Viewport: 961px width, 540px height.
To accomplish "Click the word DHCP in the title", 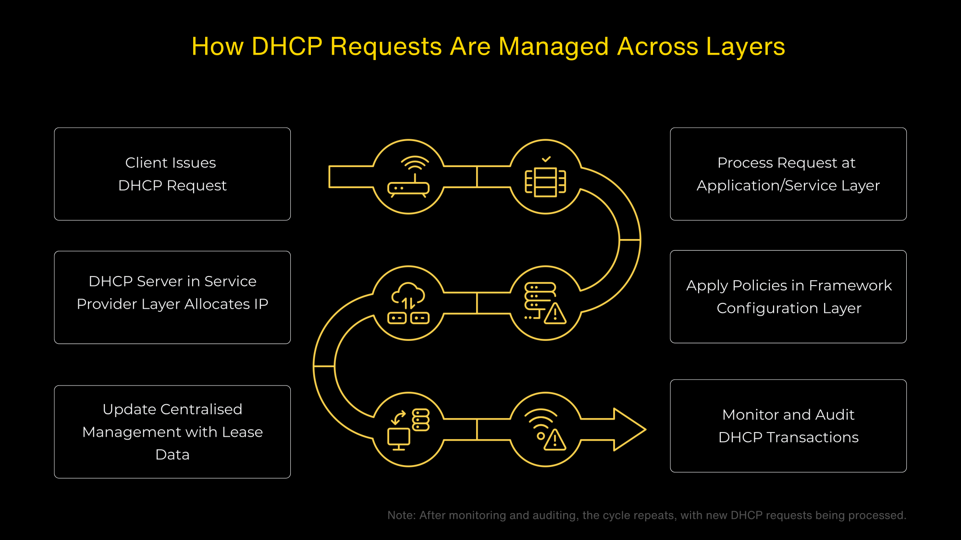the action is [x=287, y=47].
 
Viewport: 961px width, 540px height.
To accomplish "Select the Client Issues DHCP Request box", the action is [x=172, y=174].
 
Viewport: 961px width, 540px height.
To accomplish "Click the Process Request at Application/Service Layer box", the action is [x=788, y=174].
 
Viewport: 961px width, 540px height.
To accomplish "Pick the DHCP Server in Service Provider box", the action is [x=172, y=297].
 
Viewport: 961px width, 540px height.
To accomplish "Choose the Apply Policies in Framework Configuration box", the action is [x=788, y=297].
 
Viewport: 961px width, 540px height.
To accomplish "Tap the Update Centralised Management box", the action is [x=172, y=432].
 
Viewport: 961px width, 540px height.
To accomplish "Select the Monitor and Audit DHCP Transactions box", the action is [x=788, y=426].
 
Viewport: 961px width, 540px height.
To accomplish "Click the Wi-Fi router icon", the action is [x=408, y=177].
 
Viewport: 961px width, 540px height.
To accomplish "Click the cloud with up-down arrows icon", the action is [x=408, y=303].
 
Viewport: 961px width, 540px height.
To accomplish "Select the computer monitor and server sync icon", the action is [x=408, y=430].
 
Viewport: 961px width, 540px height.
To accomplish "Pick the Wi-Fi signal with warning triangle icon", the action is [x=545, y=430].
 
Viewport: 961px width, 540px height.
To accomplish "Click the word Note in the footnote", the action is [x=401, y=515].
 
